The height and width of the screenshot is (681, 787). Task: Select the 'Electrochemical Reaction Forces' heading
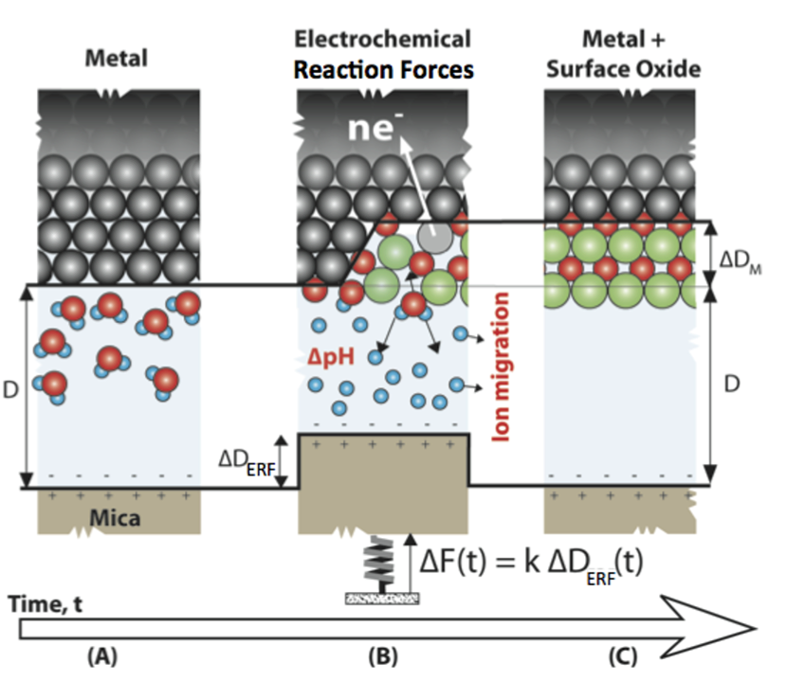pos(383,54)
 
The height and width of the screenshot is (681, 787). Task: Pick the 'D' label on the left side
pos(10,389)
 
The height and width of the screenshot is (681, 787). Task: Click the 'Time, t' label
pos(44,601)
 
